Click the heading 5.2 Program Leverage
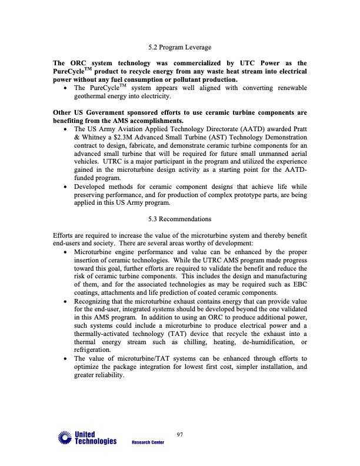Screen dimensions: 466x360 tap(180, 47)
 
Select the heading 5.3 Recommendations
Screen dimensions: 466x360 tap(179, 219)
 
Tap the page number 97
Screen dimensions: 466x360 tap(181, 434)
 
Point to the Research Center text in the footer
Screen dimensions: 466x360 tap(148, 442)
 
